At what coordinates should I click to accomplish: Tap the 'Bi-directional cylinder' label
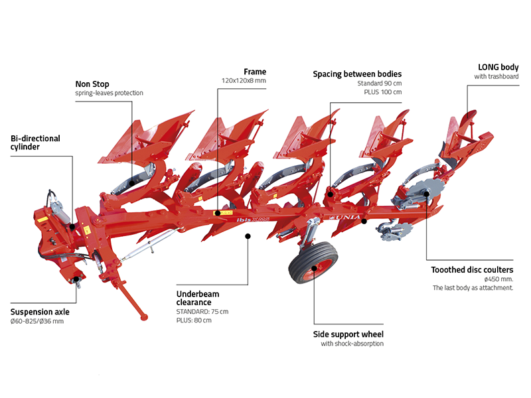click(x=35, y=143)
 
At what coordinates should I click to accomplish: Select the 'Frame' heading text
click(x=254, y=71)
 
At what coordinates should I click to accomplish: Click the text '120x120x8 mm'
click(x=244, y=81)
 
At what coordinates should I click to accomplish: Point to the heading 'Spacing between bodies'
click(x=357, y=74)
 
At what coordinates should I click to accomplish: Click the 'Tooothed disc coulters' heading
click(x=472, y=270)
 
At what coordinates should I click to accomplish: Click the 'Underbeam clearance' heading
click(x=198, y=297)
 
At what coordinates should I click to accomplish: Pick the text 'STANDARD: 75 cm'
click(x=202, y=311)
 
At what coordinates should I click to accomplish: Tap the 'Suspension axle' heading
click(x=40, y=311)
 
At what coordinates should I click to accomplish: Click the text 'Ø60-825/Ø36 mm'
click(x=37, y=321)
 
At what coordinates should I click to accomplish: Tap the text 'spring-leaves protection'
click(x=109, y=93)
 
